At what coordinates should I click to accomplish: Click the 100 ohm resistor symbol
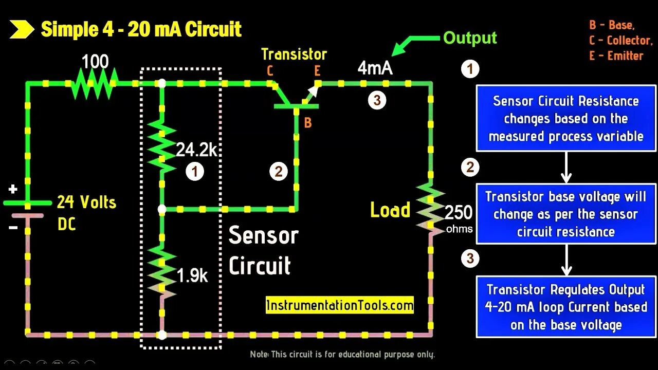click(x=95, y=83)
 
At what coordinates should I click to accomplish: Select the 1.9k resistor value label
click(x=192, y=276)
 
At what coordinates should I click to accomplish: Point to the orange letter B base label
click(x=307, y=123)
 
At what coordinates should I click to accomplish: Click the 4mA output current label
click(x=375, y=68)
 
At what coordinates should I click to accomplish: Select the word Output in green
click(x=470, y=38)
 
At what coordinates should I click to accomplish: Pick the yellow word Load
click(x=390, y=210)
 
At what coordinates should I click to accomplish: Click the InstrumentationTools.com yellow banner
click(x=340, y=306)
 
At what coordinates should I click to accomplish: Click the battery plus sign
click(x=13, y=190)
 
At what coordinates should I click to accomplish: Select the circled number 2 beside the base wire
click(x=278, y=171)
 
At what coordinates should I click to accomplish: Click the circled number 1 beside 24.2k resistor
click(x=195, y=171)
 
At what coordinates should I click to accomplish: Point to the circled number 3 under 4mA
click(x=377, y=100)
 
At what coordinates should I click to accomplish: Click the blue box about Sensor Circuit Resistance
click(x=565, y=118)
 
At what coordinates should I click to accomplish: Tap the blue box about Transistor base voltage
click(x=565, y=214)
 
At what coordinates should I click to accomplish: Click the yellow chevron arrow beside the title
click(x=22, y=30)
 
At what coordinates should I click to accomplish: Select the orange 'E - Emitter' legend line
click(x=616, y=55)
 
